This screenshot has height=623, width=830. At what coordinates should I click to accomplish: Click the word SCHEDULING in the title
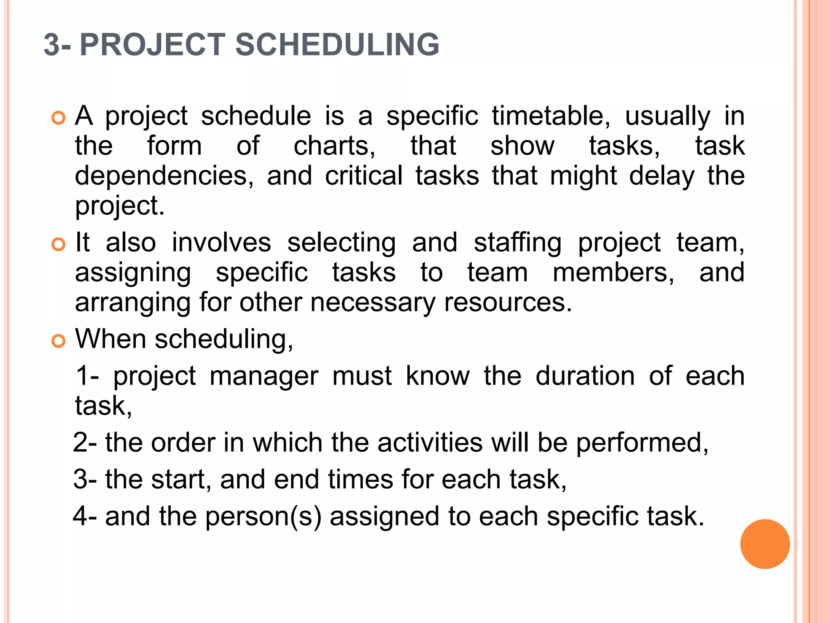[337, 45]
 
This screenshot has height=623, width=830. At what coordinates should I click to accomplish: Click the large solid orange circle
[765, 544]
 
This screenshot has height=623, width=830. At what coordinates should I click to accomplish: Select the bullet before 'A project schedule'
[59, 118]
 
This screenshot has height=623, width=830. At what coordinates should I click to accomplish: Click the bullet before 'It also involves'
[59, 245]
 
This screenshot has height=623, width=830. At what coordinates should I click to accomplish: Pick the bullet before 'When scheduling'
[59, 341]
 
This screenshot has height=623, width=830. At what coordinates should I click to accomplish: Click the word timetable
[551, 116]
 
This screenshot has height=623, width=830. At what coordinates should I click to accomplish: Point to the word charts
[334, 146]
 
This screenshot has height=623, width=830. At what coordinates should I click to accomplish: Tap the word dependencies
[164, 176]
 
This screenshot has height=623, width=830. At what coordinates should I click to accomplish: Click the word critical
[364, 176]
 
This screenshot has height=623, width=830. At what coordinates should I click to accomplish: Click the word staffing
[518, 243]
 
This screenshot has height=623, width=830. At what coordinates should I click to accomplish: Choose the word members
[613, 273]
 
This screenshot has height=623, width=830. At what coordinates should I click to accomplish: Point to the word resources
[508, 303]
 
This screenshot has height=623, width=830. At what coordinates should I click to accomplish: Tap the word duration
[585, 376]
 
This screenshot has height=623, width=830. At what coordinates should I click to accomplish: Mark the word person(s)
[263, 517]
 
